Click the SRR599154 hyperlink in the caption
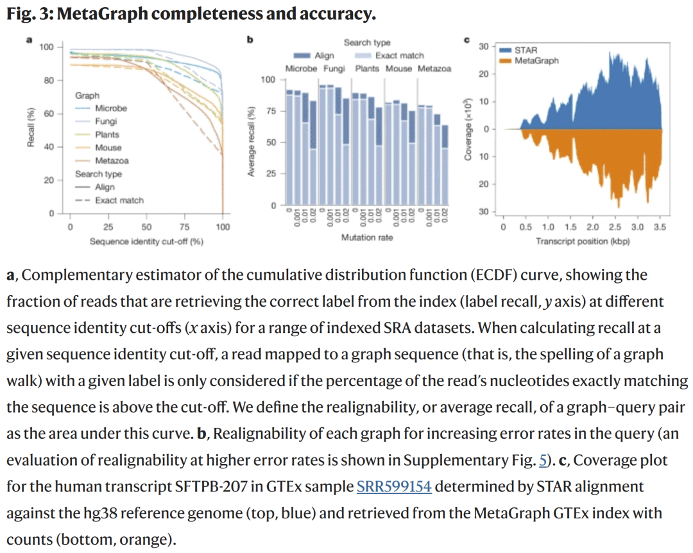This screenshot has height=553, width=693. tap(394, 488)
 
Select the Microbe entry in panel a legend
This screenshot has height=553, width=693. tap(111, 108)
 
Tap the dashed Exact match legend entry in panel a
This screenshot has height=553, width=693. tap(119, 200)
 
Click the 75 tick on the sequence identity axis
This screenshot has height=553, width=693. tap(184, 227)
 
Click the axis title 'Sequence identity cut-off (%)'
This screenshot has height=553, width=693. tap(146, 241)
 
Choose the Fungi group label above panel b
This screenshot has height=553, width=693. tap(337, 69)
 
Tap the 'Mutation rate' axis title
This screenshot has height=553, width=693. tap(367, 237)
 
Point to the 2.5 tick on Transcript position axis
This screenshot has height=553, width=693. tap(614, 227)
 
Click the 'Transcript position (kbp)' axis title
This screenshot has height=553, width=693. tap(583, 241)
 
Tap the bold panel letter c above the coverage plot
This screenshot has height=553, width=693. tap(466, 40)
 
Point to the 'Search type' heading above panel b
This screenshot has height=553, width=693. tap(367, 43)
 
